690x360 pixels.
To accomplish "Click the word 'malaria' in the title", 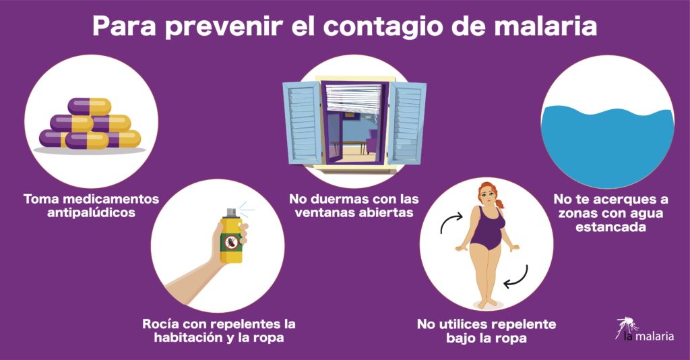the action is click(x=545, y=26).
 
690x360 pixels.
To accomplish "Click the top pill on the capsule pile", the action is click(x=90, y=107).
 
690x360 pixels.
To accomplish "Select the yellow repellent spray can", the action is click(x=230, y=239).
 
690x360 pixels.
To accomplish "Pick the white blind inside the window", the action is click(x=354, y=98).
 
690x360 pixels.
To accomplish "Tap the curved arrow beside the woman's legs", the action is click(x=517, y=277).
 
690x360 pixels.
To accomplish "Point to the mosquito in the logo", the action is click(x=627, y=326).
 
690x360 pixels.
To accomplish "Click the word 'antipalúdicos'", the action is click(x=91, y=213).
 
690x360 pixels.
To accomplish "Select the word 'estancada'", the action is click(x=610, y=227).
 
